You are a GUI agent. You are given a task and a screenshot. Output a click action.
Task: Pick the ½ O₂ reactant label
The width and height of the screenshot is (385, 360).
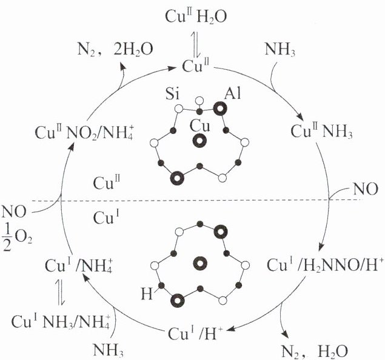point(14,233)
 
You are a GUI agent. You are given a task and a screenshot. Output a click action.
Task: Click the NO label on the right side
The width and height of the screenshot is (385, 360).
point(367,190)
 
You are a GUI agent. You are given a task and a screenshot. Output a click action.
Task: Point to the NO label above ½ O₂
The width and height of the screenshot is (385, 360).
point(13,212)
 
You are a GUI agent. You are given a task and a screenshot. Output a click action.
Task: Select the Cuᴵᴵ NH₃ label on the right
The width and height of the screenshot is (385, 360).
point(319,131)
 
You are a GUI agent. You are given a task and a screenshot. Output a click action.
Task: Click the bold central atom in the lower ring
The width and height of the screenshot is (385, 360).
point(199,262)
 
